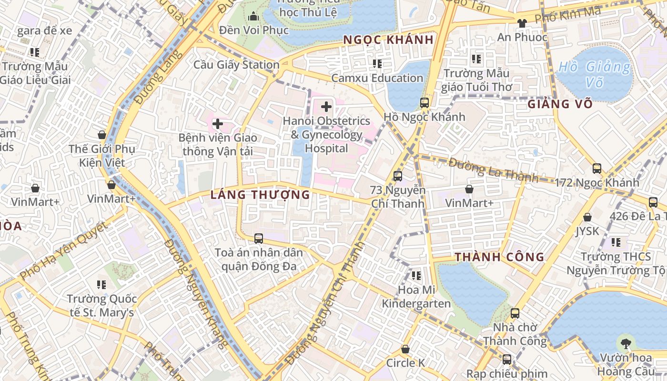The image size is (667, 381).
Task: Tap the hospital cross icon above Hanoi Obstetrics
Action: (x=326, y=106)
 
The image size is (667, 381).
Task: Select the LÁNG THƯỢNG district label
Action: (x=260, y=194)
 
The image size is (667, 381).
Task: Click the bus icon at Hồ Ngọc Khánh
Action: (x=424, y=102)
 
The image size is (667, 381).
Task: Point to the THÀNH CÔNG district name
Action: (x=499, y=257)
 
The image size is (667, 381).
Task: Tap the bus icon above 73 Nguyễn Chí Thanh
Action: (x=397, y=176)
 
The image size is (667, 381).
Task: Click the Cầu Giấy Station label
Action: (x=236, y=65)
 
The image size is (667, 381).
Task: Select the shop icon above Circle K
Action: (x=405, y=349)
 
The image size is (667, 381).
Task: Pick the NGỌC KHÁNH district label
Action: (x=388, y=40)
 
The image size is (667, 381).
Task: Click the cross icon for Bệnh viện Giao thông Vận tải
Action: (x=217, y=124)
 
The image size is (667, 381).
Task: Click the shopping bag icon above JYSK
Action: (x=587, y=217)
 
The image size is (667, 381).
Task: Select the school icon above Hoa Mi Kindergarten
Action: (x=416, y=275)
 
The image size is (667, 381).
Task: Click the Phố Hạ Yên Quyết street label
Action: (x=64, y=250)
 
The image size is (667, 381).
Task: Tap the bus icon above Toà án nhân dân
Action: (x=258, y=238)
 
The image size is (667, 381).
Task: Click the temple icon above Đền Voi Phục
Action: (x=253, y=17)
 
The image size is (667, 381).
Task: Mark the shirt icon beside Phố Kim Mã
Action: (x=522, y=22)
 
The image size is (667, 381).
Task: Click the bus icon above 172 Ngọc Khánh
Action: (x=596, y=168)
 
